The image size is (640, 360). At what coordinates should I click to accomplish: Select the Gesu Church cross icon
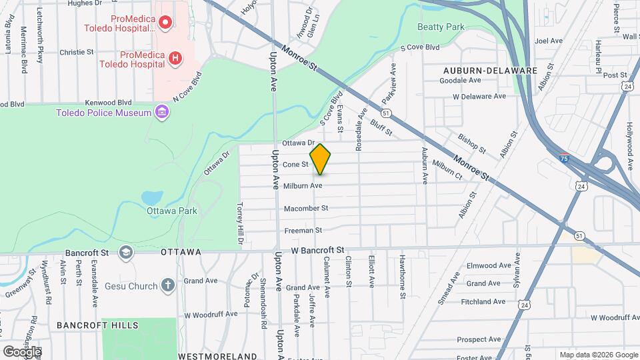tap(167, 286)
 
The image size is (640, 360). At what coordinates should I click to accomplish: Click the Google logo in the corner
tap(22, 351)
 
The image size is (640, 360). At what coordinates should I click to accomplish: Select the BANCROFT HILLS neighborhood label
tap(97, 325)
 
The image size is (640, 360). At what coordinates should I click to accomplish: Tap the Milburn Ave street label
tap(303, 186)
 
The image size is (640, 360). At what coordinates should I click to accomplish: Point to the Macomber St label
tap(306, 209)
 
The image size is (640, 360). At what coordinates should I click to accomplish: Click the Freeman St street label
tap(303, 231)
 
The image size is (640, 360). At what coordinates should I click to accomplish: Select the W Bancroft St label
tap(317, 250)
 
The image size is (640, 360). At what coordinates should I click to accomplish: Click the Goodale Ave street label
tap(460, 81)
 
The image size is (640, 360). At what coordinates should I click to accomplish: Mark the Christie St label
tap(77, 52)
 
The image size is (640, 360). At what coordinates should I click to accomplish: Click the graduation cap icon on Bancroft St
tap(125, 253)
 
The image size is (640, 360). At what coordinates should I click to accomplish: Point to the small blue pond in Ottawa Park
tap(152, 197)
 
